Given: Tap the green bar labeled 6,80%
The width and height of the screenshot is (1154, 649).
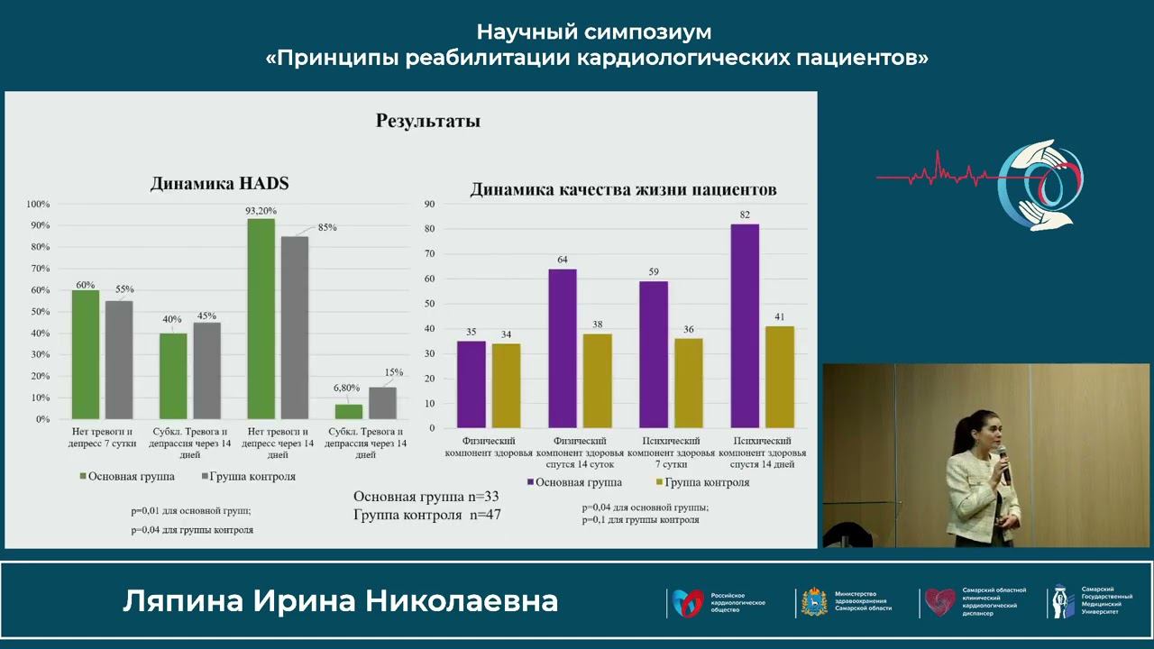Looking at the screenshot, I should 349,412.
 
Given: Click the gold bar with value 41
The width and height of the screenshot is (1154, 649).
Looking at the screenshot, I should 780,377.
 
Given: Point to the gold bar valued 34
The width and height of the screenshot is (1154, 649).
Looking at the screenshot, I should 506,386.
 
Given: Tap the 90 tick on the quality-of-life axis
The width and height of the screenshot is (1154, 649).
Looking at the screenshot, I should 429,205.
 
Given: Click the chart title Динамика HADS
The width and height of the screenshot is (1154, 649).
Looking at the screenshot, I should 219,184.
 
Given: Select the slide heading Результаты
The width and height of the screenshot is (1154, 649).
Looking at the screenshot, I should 428,121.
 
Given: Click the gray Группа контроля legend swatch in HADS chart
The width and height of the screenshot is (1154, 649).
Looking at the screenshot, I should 206,477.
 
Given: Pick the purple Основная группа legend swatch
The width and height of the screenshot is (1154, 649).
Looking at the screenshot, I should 530,483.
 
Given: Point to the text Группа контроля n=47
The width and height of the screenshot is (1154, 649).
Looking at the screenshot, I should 426,515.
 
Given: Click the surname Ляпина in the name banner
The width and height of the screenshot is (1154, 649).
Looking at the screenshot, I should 183,601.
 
